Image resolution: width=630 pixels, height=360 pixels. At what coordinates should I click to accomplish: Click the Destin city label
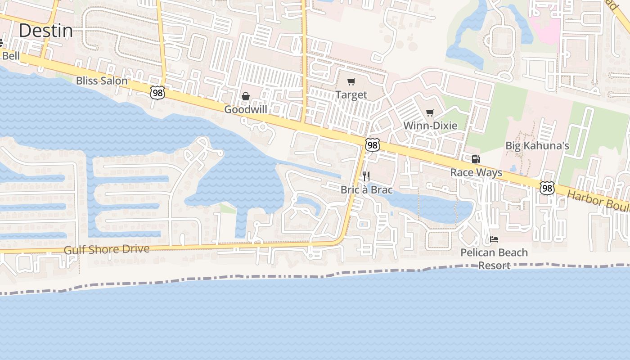46,31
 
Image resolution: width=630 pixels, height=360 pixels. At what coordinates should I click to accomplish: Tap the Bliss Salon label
102,81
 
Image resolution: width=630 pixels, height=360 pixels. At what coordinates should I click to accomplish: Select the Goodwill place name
246,109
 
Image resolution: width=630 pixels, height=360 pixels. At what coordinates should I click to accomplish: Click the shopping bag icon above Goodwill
246,96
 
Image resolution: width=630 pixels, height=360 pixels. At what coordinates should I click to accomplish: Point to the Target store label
351,95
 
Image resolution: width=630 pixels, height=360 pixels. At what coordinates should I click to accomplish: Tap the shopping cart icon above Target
351,82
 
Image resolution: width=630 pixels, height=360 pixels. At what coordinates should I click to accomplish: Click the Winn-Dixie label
430,126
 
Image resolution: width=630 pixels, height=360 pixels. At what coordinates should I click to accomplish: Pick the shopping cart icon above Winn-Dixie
430,112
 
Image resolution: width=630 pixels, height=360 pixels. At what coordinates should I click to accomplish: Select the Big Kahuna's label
537,146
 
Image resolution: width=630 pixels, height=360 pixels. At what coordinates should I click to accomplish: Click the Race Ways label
476,173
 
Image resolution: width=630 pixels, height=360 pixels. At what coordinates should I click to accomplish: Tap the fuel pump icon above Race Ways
476,159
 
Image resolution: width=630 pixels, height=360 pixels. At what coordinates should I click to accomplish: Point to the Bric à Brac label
366,190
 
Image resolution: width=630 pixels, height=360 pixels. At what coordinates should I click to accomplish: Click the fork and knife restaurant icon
366,176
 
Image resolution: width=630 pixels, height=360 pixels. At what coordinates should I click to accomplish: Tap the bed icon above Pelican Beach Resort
494,239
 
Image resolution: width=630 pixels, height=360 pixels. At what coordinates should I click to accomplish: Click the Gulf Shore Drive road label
107,249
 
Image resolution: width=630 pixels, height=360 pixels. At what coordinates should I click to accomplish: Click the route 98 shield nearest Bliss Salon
157,93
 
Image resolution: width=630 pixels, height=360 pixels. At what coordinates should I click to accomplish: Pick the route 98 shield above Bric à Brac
373,145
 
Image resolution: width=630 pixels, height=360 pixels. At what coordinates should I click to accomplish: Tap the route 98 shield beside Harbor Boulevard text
547,188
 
